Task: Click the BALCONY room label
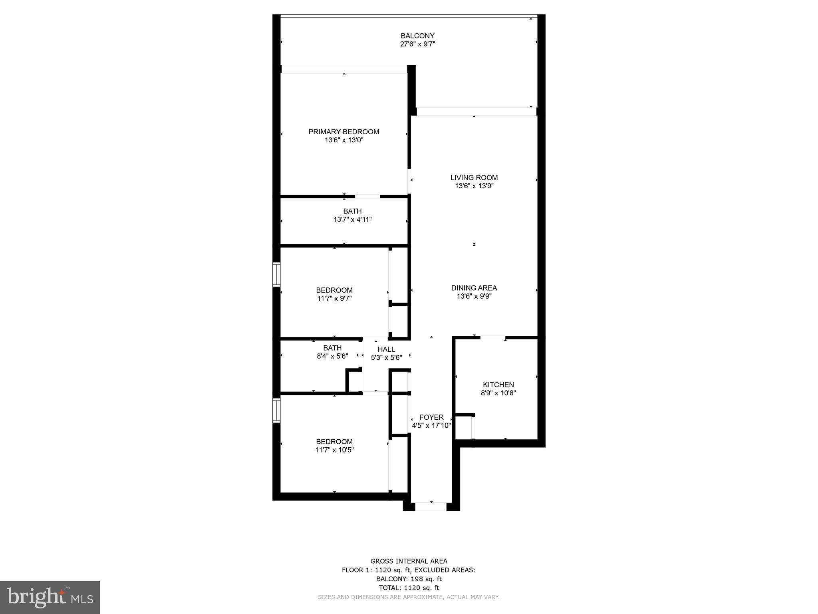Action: (x=417, y=36)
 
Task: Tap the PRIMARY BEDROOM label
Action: (x=343, y=132)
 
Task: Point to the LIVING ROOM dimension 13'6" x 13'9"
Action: (x=474, y=186)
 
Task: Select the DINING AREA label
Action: (x=474, y=288)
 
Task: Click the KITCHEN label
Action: (x=498, y=385)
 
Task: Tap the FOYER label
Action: (x=431, y=417)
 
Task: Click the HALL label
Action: (x=386, y=349)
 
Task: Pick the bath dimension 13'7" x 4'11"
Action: (x=352, y=219)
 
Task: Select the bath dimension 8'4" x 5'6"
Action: (x=332, y=356)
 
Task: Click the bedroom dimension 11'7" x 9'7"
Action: (x=334, y=298)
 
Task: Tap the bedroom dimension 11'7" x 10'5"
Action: (x=334, y=450)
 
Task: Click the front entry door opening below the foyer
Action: (x=431, y=507)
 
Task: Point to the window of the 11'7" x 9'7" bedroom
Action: (x=276, y=274)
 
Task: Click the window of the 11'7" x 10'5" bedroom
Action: (x=276, y=410)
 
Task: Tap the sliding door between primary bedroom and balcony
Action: (x=344, y=69)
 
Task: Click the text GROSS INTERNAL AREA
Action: (x=409, y=561)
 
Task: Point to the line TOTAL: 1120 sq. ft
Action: (x=409, y=588)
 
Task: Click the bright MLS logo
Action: (x=50, y=597)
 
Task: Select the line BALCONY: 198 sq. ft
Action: (x=409, y=579)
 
